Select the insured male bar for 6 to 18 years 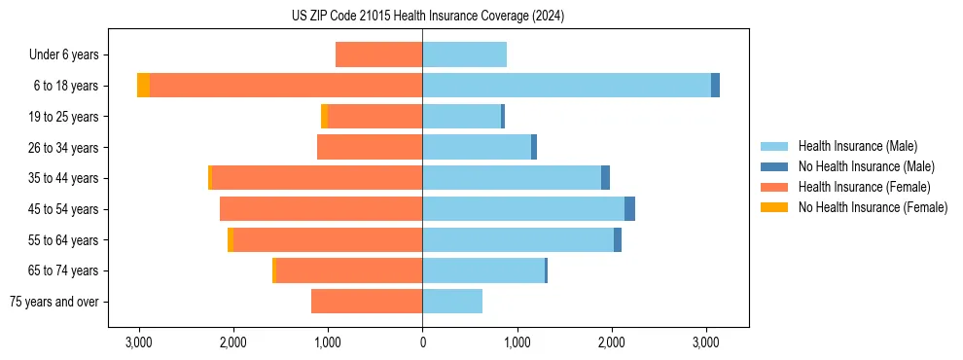tap(566, 86)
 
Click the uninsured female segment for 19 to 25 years tap(325, 117)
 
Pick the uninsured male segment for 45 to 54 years tap(629, 209)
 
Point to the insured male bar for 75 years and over tap(452, 302)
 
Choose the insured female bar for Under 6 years tap(378, 54)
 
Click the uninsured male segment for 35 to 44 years tap(605, 178)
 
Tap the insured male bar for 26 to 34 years tap(477, 147)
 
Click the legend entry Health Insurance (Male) tap(857, 146)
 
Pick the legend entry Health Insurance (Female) tap(863, 187)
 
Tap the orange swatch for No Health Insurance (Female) tap(775, 207)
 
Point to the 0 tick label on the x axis tap(422, 342)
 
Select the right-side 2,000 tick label tap(611, 342)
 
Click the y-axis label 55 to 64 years tap(65, 240)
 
